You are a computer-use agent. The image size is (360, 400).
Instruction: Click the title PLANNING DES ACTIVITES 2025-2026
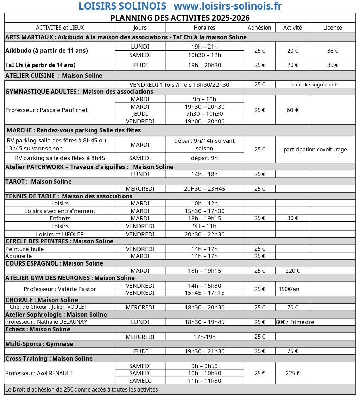coord(180,18)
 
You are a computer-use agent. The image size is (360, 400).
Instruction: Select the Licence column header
coord(332,28)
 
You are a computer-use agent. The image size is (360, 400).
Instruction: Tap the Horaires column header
coord(204,28)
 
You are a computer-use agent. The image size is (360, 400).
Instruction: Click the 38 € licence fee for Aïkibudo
coord(332,51)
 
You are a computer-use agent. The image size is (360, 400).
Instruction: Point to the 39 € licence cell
coord(332,65)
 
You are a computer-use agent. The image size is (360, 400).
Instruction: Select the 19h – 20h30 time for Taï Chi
coord(204,65)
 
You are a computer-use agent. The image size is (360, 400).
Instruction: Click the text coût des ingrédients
coord(315,85)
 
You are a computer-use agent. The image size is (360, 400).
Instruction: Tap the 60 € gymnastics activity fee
coord(292,110)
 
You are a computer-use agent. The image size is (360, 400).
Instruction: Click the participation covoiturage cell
coord(315,149)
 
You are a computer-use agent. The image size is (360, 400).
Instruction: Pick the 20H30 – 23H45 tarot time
coord(204,189)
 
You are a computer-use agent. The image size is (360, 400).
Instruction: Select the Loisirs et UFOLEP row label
coord(60,234)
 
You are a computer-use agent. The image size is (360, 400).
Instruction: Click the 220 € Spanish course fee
coord(292,271)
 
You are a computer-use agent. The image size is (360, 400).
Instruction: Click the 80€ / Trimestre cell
coord(295,322)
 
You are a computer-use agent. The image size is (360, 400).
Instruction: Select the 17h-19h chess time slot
coord(204,337)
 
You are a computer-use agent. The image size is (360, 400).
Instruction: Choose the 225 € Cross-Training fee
coord(292,373)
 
